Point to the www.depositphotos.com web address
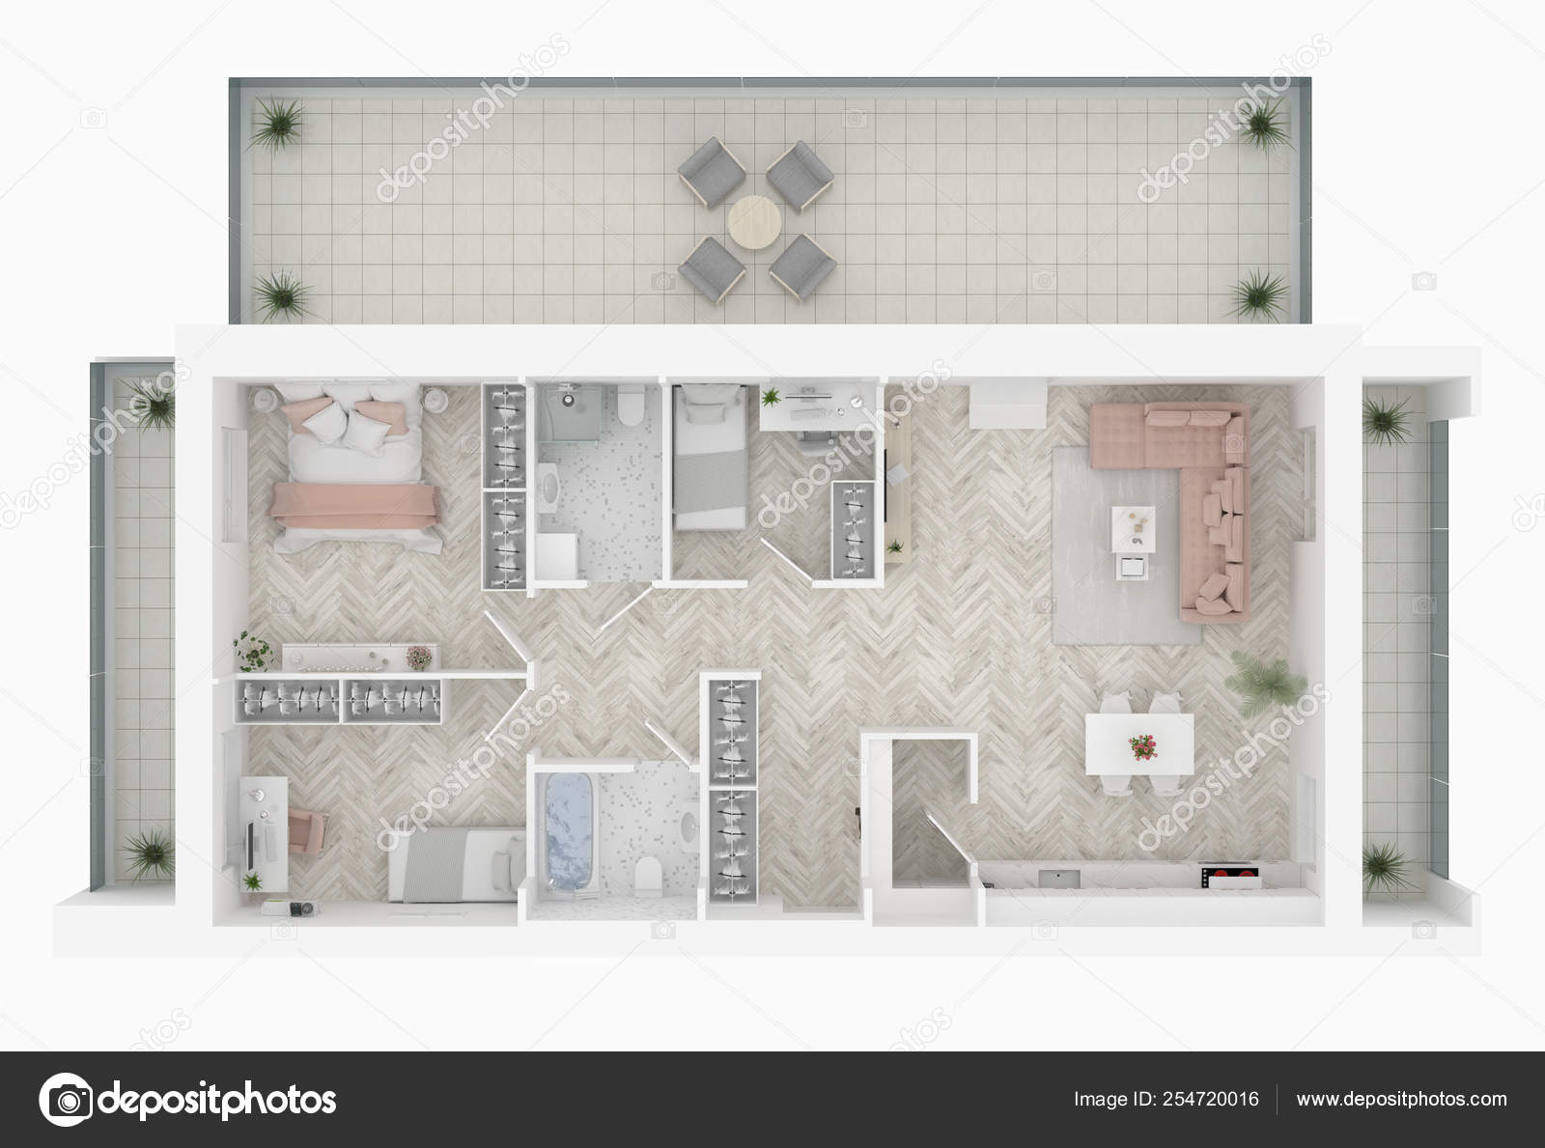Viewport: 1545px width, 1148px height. click(x=1401, y=1100)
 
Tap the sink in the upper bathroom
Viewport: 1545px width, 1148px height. click(x=551, y=490)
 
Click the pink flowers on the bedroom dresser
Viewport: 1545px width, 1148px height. click(x=417, y=657)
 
